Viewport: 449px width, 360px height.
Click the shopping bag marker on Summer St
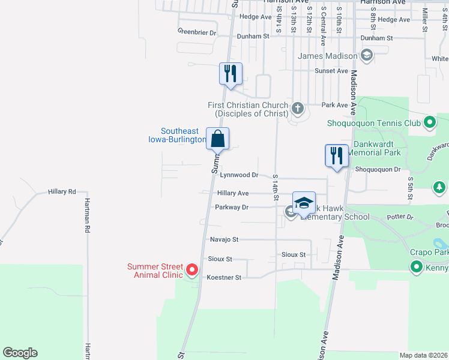(217, 139)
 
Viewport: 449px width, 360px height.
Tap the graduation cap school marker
(304, 203)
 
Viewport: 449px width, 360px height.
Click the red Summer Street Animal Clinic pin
(192, 271)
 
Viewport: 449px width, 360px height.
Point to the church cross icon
(297, 109)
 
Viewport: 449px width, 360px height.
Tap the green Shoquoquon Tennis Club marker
(429, 124)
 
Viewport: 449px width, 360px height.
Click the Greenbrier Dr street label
(196, 32)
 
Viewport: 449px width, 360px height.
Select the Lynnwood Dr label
(238, 175)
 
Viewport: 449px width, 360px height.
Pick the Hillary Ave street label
(233, 193)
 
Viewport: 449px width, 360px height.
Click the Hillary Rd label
(62, 192)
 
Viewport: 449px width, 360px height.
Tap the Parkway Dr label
(232, 207)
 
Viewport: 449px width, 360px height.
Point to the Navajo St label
(224, 239)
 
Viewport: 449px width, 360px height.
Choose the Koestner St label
(223, 277)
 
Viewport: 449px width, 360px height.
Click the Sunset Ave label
(332, 71)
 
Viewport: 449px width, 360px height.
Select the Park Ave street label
(334, 105)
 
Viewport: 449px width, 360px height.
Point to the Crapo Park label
(429, 253)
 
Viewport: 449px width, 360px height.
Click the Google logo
(20, 353)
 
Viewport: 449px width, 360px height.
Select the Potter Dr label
(402, 217)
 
